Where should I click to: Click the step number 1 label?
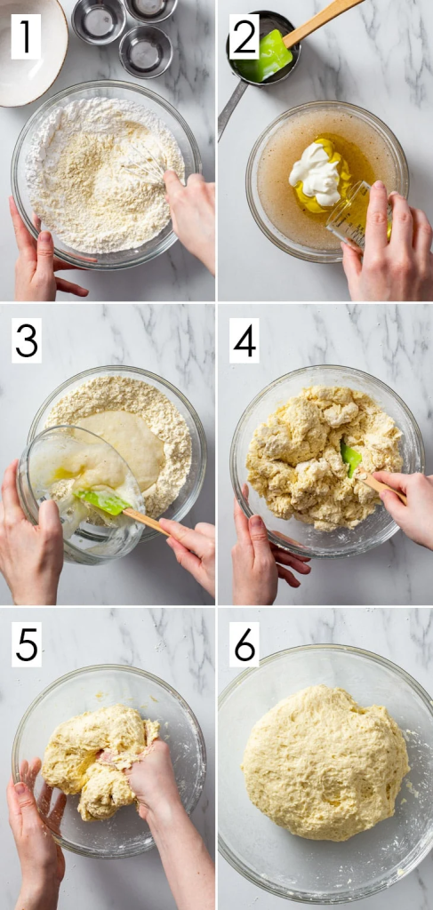26,36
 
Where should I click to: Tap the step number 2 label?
244,36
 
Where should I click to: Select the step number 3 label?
26,340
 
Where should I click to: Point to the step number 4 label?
244,340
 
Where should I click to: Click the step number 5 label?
26,644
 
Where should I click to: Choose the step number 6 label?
244,644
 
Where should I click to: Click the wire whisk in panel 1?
144,162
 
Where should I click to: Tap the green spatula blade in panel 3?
101,501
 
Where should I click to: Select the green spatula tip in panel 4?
350,459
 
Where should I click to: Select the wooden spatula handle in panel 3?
147,523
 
